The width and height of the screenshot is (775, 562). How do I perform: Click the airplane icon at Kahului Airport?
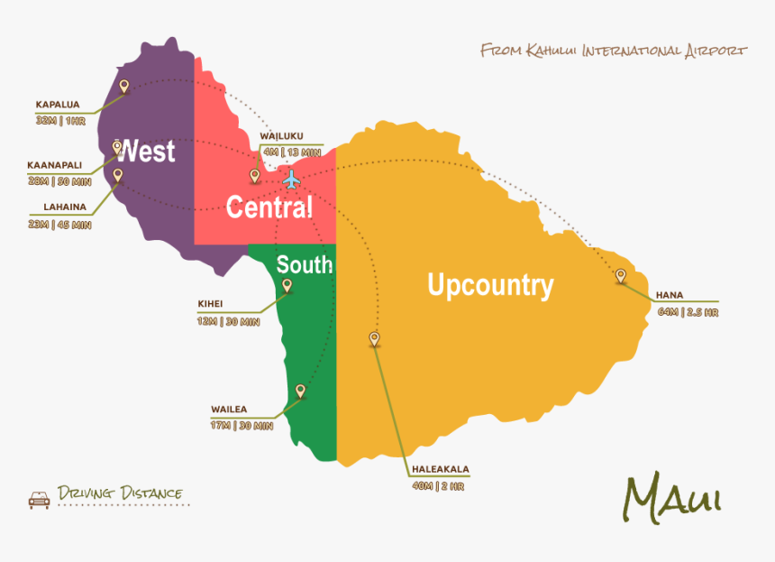290,180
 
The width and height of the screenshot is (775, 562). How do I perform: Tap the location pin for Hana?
620,276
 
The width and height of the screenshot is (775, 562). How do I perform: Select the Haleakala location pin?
374,338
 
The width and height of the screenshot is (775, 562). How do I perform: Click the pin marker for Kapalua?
123,87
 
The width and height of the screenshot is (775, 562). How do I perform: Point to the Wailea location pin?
300,391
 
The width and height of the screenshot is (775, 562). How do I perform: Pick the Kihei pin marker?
287,285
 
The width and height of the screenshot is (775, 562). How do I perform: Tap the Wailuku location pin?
255,175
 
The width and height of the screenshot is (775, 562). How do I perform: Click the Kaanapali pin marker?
117,147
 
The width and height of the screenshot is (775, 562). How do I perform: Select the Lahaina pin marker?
117,175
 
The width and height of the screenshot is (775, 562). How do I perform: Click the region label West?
147,152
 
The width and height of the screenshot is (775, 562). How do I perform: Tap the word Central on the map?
269,207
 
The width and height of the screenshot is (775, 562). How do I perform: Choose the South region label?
304,264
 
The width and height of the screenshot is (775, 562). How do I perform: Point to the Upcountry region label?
490,286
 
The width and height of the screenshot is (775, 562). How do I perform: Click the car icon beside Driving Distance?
39,498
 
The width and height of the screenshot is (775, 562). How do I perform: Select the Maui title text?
672,496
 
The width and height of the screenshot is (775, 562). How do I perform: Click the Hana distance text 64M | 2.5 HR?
688,312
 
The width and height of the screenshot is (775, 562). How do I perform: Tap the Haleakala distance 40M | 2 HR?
440,485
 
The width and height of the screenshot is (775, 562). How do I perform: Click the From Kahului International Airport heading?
613,50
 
